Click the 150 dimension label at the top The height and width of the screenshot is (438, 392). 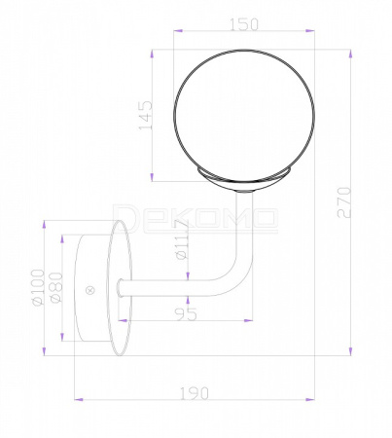pos(244,24)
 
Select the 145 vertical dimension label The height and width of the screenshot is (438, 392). pos(146,115)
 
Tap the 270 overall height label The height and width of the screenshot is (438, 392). pos(344,202)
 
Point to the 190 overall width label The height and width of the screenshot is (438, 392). pos(195,393)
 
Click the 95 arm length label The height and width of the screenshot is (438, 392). pos(186,314)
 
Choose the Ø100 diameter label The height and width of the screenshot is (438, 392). pos(38,288)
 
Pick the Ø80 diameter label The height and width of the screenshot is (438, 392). pos(56,287)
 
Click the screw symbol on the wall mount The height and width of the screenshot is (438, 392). pos(90,290)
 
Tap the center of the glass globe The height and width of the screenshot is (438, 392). pos(244,115)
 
